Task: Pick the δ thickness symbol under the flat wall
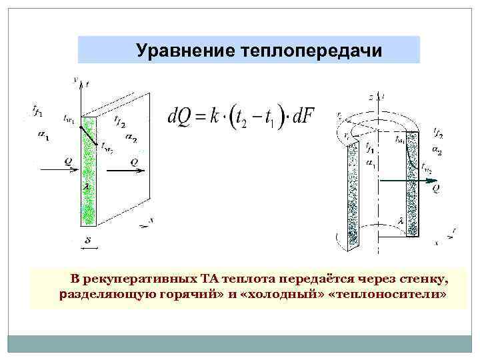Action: tap(87, 239)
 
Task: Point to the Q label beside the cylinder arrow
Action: tap(435, 189)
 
